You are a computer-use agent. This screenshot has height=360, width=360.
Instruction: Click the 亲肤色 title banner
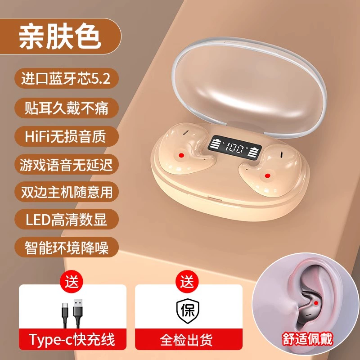click(60, 36)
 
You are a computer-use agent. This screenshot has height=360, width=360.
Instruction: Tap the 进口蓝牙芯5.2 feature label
click(66, 78)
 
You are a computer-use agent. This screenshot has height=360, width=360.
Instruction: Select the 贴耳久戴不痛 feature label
click(66, 108)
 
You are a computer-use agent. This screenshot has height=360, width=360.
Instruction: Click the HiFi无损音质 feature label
click(66, 136)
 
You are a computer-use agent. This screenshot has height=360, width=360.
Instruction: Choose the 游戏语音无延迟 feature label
click(66, 164)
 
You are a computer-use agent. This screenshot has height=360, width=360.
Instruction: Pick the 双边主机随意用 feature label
click(66, 192)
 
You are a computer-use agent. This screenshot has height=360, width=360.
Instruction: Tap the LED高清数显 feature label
click(66, 219)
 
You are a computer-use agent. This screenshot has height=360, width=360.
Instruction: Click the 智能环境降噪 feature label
click(66, 247)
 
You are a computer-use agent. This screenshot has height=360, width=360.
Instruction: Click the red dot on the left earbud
click(182, 155)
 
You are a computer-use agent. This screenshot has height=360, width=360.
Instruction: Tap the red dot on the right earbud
click(267, 176)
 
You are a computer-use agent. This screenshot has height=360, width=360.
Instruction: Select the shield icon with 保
click(188, 311)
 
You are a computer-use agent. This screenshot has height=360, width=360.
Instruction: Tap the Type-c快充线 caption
click(72, 340)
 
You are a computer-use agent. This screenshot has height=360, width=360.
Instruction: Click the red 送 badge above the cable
click(72, 282)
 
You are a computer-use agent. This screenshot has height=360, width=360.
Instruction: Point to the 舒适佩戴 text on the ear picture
click(307, 339)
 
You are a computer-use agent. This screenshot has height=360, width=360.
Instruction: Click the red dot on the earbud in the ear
click(316, 303)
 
